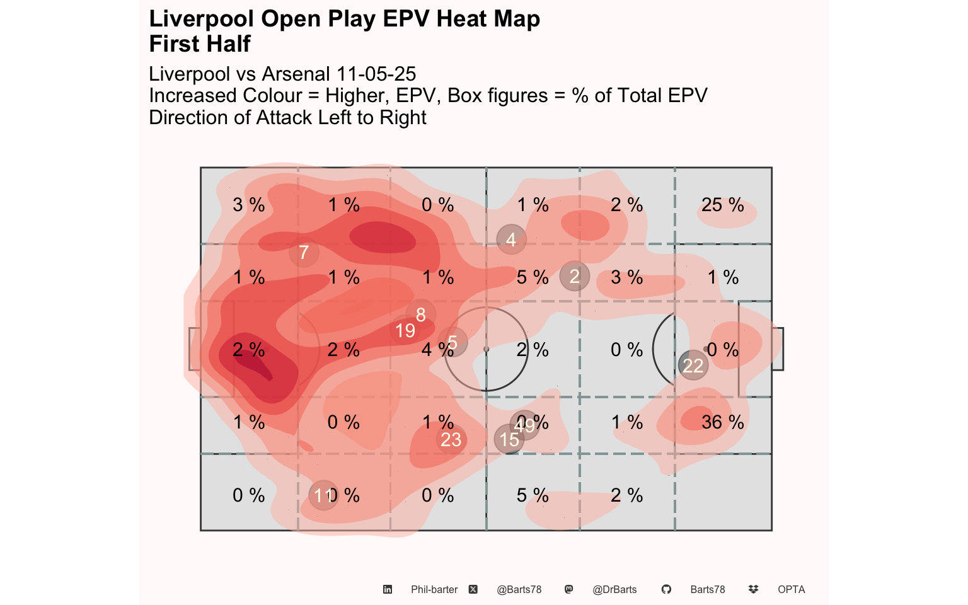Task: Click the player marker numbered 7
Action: coord(304,253)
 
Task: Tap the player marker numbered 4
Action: coord(511,239)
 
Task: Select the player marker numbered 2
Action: coord(574,276)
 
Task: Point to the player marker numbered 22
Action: coord(693,366)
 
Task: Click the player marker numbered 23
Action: coord(451,439)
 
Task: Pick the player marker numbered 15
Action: coord(509,439)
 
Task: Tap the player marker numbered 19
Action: coord(405,330)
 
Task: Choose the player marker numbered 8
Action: coord(420,314)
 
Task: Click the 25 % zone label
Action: coord(722,205)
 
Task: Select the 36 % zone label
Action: coord(722,422)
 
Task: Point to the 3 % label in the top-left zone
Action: coord(248,205)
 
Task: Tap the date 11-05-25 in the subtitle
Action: coord(376,74)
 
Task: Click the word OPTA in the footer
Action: coord(791,589)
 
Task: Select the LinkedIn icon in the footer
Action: coord(388,589)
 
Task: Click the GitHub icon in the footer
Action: coord(666,589)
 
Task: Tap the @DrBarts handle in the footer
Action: coord(614,589)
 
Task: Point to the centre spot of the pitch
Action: coord(486,349)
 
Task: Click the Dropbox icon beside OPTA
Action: coord(753,589)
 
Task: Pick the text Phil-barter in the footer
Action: coord(434,589)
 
